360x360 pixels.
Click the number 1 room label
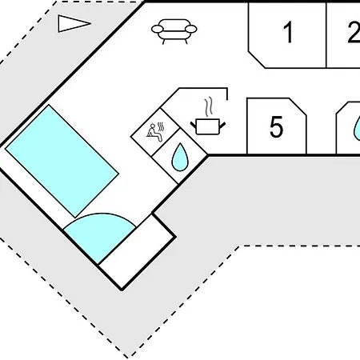[x=288, y=32]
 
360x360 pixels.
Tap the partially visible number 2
[x=354, y=32]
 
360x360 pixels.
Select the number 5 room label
[x=276, y=127]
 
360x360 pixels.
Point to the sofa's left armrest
[x=158, y=29]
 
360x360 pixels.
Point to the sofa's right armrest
[x=191, y=29]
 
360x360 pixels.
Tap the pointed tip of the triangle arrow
[x=90, y=23]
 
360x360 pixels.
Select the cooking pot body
[x=208, y=126]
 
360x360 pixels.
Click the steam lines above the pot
[x=209, y=106]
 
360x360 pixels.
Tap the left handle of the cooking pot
[x=194, y=125]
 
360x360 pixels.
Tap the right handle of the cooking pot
[x=222, y=125]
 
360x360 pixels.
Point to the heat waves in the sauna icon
[x=161, y=126]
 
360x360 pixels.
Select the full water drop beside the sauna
[x=180, y=157]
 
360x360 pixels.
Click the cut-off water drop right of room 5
[x=357, y=128]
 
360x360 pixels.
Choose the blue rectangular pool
[x=62, y=161]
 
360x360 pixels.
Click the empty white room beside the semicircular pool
[x=138, y=252]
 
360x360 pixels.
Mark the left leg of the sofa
[x=163, y=42]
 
